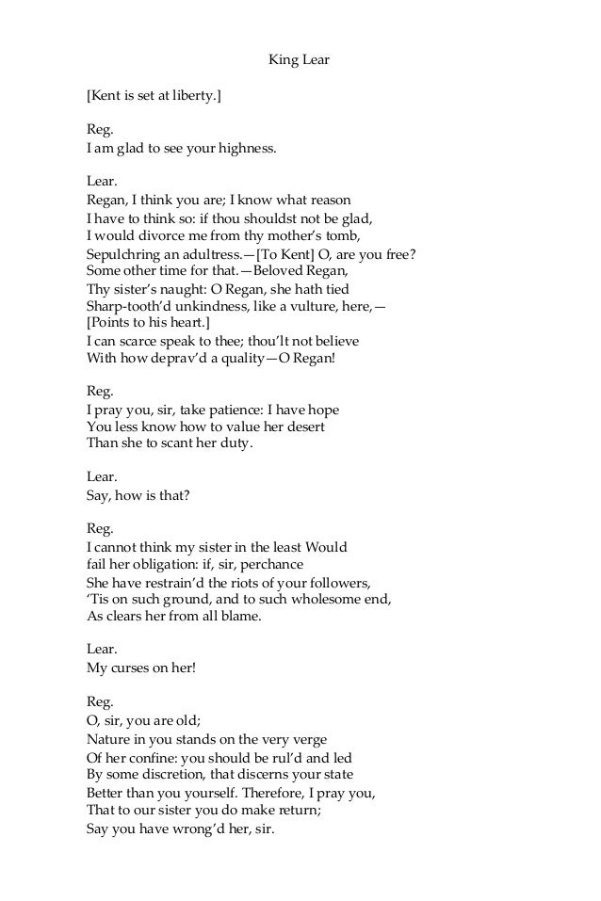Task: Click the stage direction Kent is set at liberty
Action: tap(154, 96)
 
